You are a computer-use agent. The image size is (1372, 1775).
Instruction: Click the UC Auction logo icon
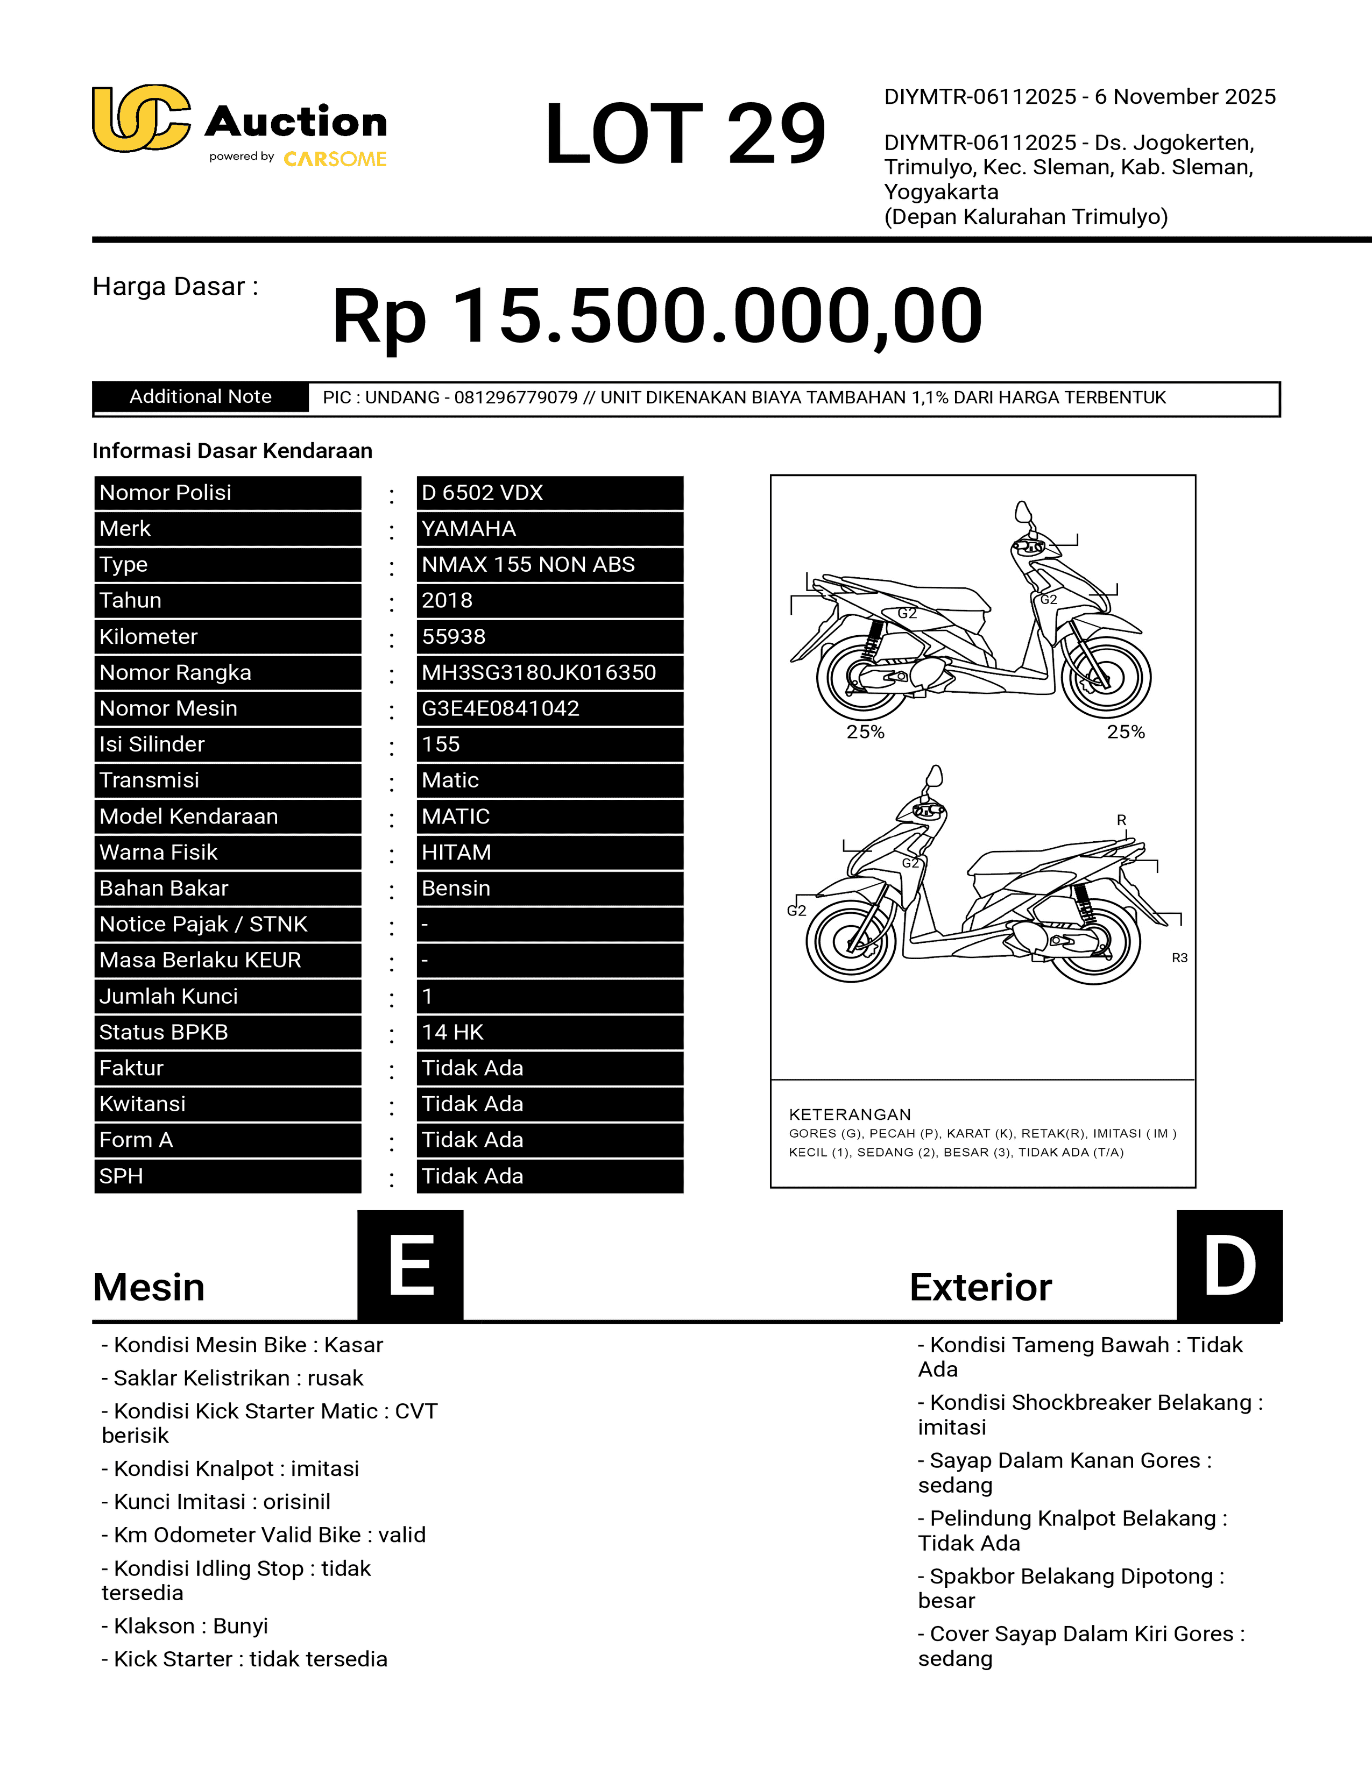coord(140,119)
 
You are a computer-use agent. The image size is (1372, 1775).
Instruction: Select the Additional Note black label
coord(200,396)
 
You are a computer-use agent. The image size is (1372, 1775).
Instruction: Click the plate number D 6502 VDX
coord(482,493)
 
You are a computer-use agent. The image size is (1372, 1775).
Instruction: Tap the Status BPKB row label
coord(164,1032)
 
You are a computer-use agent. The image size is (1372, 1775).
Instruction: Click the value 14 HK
coord(452,1032)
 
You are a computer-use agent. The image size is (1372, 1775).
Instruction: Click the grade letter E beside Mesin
coord(411,1266)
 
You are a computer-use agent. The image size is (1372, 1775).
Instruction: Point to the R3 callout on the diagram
coord(1179,958)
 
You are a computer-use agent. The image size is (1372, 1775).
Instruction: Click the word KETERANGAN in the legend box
coord(850,1114)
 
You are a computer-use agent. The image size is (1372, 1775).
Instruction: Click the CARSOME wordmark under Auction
coord(335,159)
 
